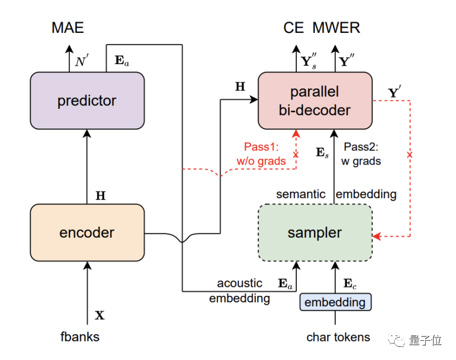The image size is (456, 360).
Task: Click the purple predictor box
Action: tap(87, 100)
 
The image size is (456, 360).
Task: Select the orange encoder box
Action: tap(87, 232)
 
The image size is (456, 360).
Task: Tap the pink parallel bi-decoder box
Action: tap(314, 100)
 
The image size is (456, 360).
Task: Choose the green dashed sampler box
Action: tap(314, 232)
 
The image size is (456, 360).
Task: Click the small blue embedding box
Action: tap(335, 302)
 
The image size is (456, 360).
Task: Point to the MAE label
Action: tap(68, 28)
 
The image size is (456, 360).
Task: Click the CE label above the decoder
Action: tap(294, 28)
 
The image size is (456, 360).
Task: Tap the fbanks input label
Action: tap(80, 336)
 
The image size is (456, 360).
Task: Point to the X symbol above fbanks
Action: tap(99, 316)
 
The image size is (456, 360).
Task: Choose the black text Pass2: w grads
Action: tap(362, 154)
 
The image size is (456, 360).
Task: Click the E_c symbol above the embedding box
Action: tap(350, 284)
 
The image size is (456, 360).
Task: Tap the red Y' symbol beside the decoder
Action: tap(395, 93)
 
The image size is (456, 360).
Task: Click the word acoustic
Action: tap(240, 283)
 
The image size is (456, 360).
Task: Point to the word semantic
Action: tap(301, 194)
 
